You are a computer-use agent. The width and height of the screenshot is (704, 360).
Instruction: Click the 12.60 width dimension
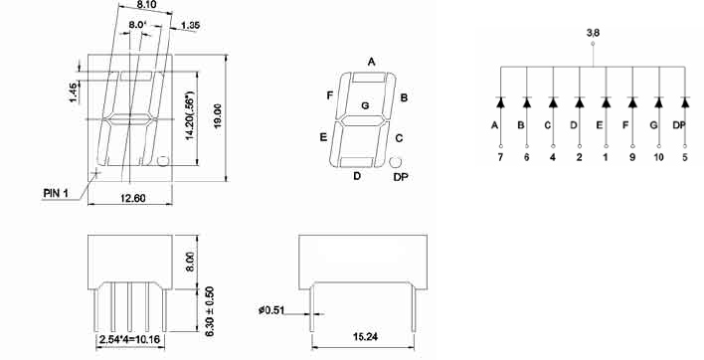point(133,198)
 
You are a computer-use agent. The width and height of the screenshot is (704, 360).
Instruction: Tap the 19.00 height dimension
point(218,116)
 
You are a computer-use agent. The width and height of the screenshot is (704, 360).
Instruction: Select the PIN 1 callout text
point(56,193)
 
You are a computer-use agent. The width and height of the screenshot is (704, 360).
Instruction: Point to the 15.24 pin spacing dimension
point(365,336)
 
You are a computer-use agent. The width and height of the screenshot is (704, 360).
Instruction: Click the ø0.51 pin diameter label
point(271,309)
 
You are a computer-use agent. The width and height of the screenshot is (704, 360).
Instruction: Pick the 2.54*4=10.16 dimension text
point(129,339)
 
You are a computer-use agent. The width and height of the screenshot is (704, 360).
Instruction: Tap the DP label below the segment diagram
point(401,177)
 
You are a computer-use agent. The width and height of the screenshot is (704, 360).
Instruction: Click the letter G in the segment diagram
point(365,105)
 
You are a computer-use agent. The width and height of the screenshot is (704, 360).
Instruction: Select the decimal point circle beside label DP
point(395,162)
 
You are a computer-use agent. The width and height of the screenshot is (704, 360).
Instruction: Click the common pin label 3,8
point(593,33)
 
